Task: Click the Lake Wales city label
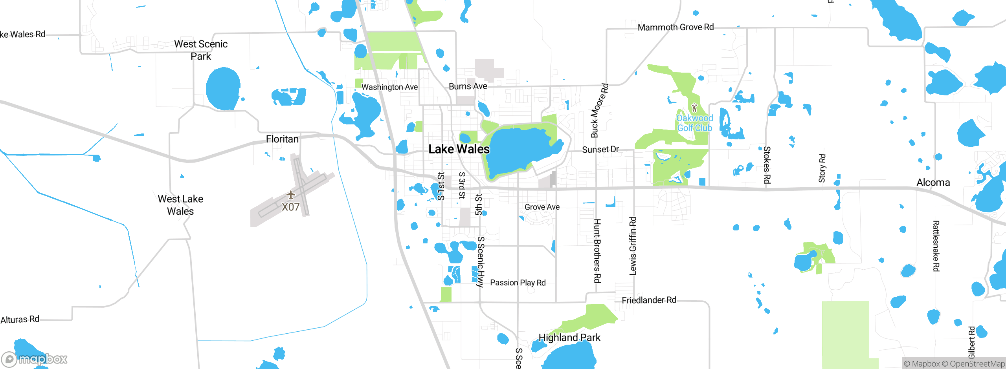(x=459, y=149)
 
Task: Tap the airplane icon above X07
(x=290, y=195)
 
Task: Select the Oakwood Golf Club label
(x=694, y=123)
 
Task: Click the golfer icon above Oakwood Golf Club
(x=694, y=107)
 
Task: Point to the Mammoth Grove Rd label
(x=676, y=27)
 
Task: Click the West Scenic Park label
(x=201, y=50)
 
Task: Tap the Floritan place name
(x=282, y=139)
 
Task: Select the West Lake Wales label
(x=180, y=205)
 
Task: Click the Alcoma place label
(x=933, y=183)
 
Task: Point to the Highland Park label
(x=569, y=338)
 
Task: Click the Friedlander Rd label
(x=649, y=300)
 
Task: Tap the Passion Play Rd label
(x=518, y=283)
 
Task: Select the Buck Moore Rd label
(x=599, y=110)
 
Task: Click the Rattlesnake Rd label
(x=936, y=246)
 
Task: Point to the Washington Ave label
(x=389, y=87)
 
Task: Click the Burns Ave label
(x=468, y=86)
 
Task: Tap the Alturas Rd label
(x=20, y=320)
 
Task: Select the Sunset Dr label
(x=600, y=150)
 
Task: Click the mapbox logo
(x=35, y=359)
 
